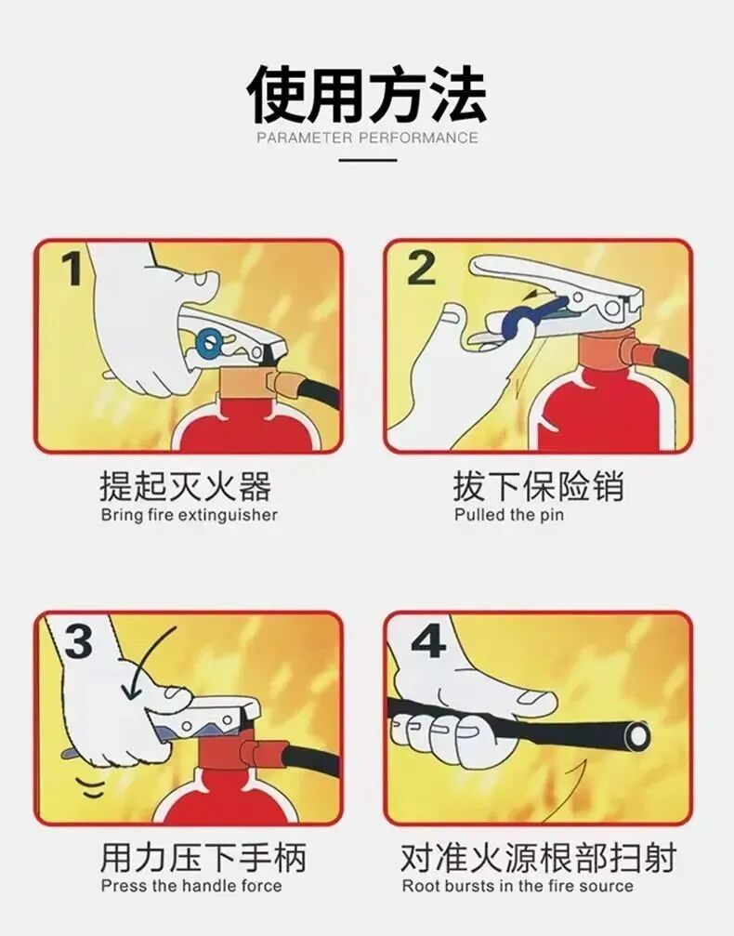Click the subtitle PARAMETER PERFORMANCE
[366, 138]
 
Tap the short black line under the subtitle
[367, 160]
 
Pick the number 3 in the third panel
[78, 641]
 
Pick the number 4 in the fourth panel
[427, 640]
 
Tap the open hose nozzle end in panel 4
[637, 737]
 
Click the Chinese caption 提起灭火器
[185, 487]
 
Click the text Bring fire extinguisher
[189, 515]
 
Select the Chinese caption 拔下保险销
[538, 487]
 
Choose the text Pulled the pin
[508, 515]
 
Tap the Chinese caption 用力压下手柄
[203, 857]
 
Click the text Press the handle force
[190, 886]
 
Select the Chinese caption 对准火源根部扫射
[538, 857]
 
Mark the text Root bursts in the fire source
[517, 886]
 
